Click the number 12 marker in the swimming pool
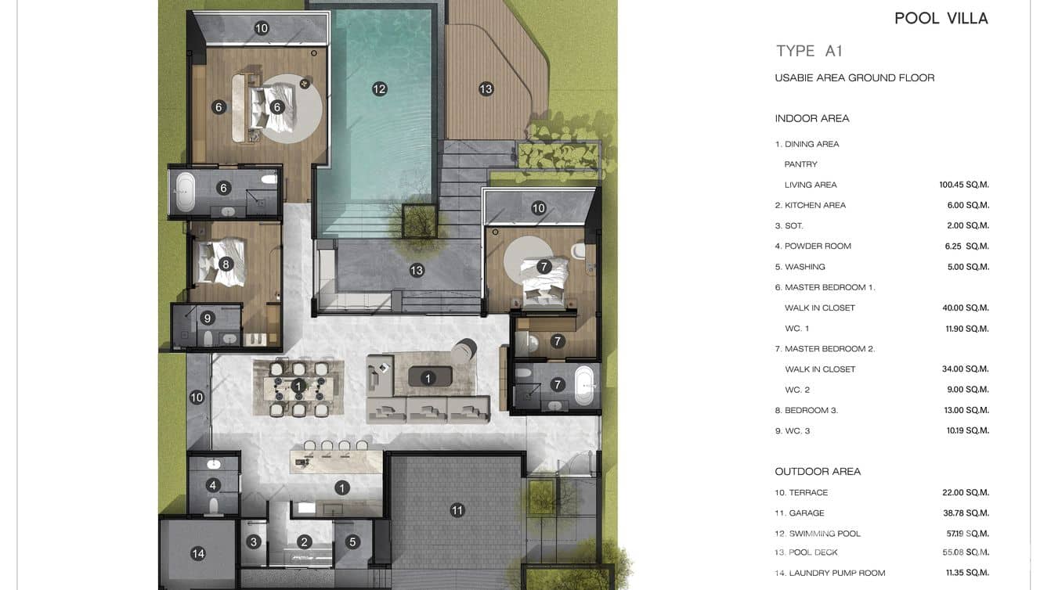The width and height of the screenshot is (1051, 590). tap(379, 89)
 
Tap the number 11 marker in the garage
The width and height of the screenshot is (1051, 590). tap(457, 510)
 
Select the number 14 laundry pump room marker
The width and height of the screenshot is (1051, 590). tap(198, 554)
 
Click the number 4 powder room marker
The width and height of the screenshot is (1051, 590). tap(213, 485)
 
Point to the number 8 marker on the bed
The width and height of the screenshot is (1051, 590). tap(226, 264)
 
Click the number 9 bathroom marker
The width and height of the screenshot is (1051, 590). tap(208, 318)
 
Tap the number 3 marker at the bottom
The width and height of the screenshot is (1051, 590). tap(253, 541)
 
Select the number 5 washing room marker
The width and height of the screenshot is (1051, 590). tap(352, 541)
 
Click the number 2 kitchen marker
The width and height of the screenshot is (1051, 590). tap(305, 541)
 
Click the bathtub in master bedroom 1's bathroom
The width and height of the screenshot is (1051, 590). tap(185, 192)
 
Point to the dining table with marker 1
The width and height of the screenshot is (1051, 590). tap(298, 386)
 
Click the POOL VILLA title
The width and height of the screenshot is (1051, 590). tap(941, 19)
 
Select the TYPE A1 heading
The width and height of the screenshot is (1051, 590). tap(809, 51)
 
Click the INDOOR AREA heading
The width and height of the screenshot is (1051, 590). tap(811, 119)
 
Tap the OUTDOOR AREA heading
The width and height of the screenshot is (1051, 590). tap(818, 472)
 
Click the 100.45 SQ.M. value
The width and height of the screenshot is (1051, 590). tap(964, 185)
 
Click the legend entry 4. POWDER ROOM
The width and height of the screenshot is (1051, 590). tap(812, 246)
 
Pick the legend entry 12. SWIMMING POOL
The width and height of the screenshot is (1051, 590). tap(817, 534)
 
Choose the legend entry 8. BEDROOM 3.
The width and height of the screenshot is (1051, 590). tap(806, 410)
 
